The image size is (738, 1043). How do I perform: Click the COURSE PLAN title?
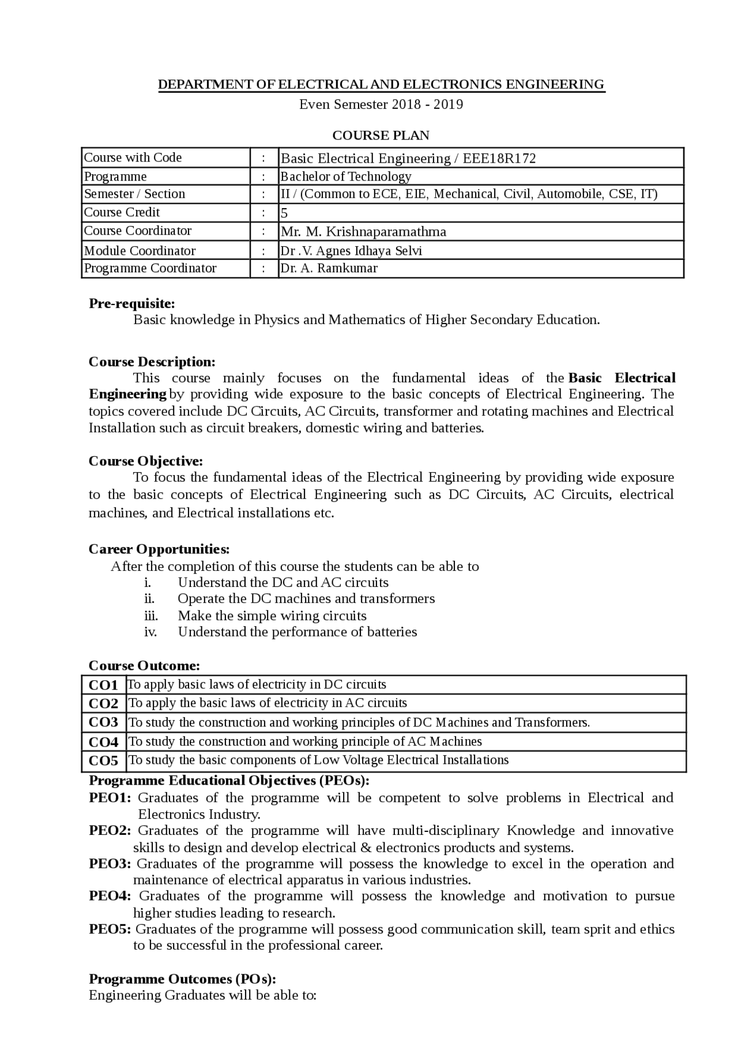(381, 135)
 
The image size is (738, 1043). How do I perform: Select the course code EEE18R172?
(499, 159)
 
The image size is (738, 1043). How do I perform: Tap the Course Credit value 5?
(284, 213)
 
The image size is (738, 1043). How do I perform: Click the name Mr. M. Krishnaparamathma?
(363, 232)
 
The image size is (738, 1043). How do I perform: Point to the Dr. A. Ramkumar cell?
(329, 268)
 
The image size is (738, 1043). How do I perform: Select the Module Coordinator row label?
(140, 251)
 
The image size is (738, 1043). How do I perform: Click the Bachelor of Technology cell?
(345, 176)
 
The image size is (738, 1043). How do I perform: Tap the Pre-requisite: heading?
(131, 303)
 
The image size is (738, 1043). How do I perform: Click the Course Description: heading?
(152, 362)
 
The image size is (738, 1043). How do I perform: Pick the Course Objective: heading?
(145, 461)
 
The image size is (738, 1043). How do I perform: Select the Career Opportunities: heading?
(159, 549)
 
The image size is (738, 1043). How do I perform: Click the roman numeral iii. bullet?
(150, 615)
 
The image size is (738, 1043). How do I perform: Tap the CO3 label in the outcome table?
(103, 722)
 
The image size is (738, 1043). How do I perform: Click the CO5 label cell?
(103, 761)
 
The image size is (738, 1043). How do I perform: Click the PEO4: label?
(110, 896)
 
